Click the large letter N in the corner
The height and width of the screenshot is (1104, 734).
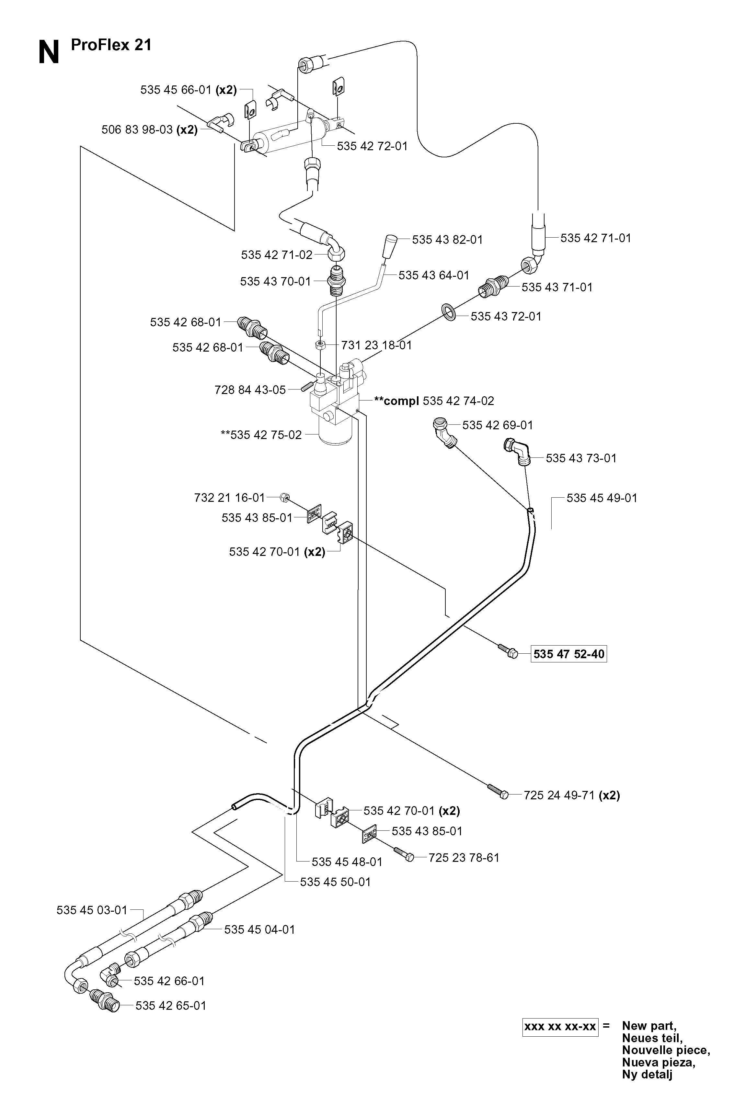point(49,52)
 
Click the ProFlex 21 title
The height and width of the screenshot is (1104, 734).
point(111,45)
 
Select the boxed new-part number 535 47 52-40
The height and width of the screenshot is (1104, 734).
point(569,654)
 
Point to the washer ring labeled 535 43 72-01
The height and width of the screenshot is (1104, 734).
point(448,311)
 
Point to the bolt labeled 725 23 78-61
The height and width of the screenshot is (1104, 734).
point(404,854)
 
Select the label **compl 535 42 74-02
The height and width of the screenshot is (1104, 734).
point(434,401)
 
